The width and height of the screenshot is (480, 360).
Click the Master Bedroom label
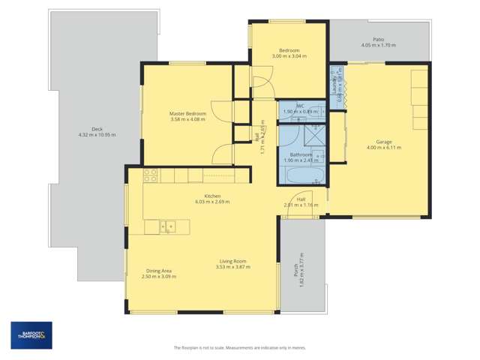(x=187, y=114)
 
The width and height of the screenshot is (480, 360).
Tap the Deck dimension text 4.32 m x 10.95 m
(x=95, y=135)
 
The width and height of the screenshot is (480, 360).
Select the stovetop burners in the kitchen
(x=151, y=175)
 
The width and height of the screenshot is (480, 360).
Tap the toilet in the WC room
(x=318, y=112)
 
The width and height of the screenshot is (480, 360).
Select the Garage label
(x=385, y=142)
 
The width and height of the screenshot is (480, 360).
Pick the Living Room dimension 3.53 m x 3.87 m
(x=231, y=266)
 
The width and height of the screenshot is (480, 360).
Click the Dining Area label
(x=157, y=271)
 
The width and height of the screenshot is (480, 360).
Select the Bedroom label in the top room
(x=288, y=50)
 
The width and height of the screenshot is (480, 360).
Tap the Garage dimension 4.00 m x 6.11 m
(x=385, y=148)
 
